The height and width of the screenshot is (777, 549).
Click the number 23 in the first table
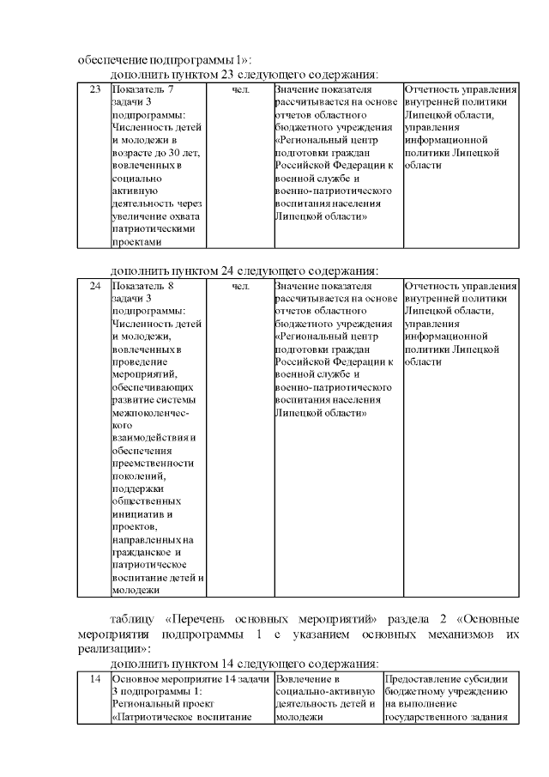coord(95,90)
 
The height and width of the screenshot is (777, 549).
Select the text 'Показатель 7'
coord(142,90)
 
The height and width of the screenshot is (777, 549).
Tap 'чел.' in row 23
coord(241,90)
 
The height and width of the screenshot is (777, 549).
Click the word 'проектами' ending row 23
coord(136,242)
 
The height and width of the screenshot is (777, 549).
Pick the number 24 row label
coord(95,286)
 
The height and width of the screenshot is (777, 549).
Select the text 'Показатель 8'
coord(142,286)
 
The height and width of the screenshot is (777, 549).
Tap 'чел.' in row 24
coord(241,286)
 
